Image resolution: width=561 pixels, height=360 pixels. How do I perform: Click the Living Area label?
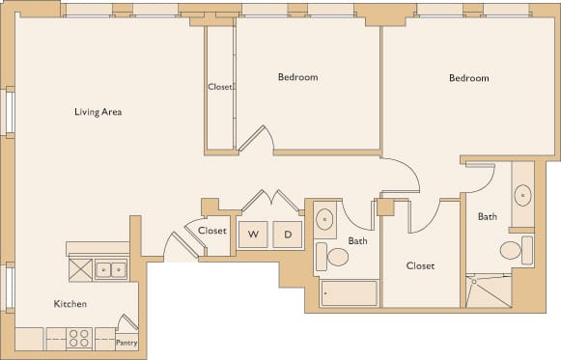(98, 112)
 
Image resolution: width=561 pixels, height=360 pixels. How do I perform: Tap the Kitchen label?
(70, 304)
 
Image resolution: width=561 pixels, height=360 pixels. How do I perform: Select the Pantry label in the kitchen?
(126, 343)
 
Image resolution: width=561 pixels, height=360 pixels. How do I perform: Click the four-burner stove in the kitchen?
(80, 339)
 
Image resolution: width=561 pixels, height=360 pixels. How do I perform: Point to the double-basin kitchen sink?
(113, 269)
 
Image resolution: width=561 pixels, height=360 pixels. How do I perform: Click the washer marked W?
(254, 234)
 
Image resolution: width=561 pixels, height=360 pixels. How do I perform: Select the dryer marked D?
(287, 234)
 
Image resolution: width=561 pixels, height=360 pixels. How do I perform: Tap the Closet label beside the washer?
(211, 231)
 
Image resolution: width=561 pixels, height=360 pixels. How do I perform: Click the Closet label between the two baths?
(420, 265)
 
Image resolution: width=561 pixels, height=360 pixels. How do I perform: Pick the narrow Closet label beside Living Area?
(220, 87)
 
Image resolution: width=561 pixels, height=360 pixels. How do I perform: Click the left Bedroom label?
(297, 77)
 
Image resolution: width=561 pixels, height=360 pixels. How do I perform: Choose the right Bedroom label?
(468, 78)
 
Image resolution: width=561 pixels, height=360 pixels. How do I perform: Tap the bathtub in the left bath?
(350, 292)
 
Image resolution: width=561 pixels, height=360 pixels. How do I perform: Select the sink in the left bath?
(325, 217)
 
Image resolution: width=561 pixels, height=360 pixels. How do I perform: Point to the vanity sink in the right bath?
(522, 195)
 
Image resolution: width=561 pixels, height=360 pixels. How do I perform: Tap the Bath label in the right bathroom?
(487, 216)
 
